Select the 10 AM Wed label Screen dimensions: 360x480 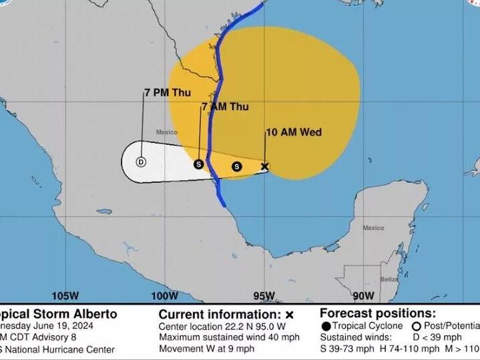[x=294, y=132]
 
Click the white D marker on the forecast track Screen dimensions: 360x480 [x=141, y=162]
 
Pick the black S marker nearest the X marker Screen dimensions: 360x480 [x=236, y=166]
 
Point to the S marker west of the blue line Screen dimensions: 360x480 [x=198, y=164]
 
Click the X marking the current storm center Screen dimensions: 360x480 [x=264, y=166]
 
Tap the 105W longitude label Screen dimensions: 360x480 [x=65, y=297]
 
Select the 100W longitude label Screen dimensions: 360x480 [x=165, y=297]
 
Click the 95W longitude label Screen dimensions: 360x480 [x=264, y=297]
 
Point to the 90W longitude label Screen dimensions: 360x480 [x=363, y=297]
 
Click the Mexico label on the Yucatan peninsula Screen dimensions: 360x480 [x=373, y=228]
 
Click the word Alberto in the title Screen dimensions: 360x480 [x=95, y=314]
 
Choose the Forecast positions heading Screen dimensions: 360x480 [x=378, y=313]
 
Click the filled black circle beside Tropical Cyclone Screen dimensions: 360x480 [x=326, y=326]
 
